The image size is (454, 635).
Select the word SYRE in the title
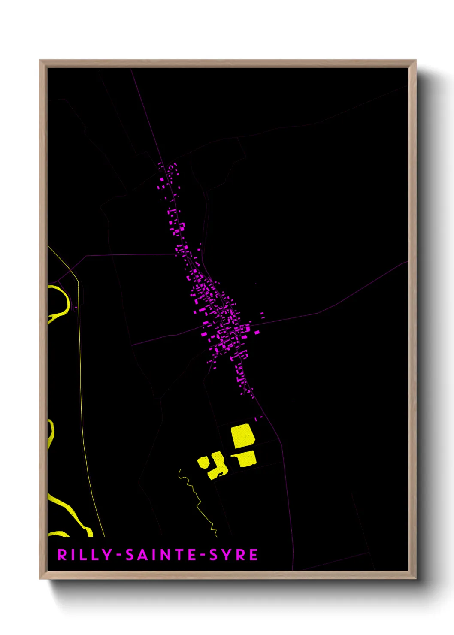pos(233,555)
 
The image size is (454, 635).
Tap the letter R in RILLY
pos(62,555)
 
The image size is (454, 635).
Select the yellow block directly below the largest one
pos(245,458)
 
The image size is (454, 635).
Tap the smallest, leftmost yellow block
pos(203,463)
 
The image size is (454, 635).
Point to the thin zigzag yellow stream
pos(197,500)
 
